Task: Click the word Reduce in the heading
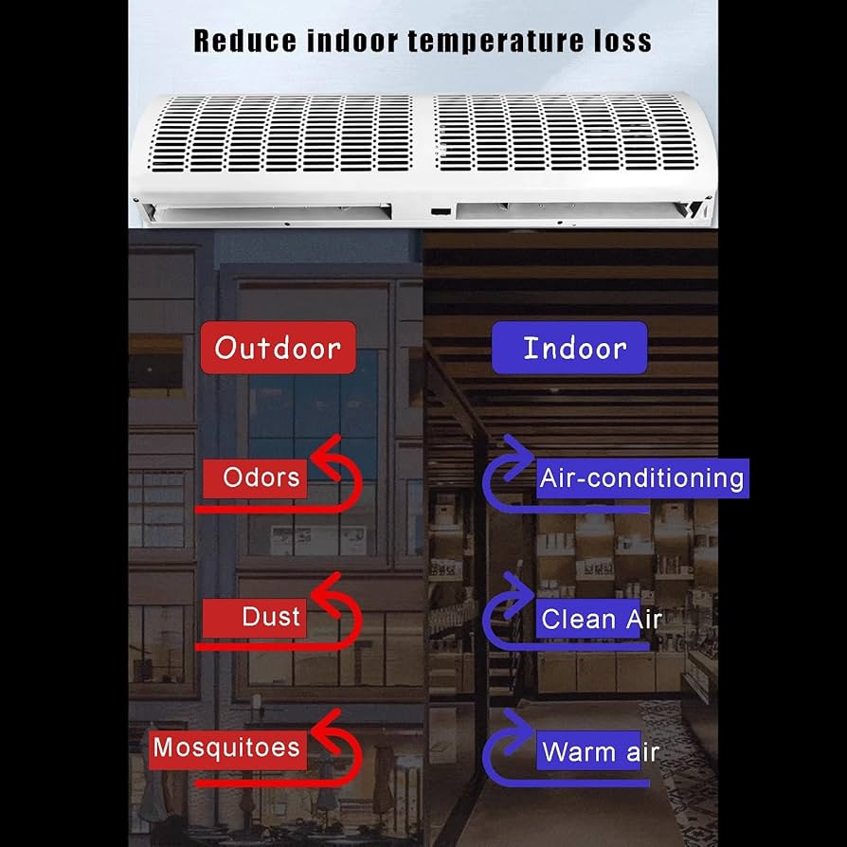pos(242,41)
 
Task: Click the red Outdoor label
pos(278,348)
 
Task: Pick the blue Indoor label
pos(575,348)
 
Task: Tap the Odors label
pos(261,478)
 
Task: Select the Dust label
pos(270,618)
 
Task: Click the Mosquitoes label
pos(226,748)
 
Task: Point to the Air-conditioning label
pos(641,478)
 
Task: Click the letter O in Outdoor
pos(225,348)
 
